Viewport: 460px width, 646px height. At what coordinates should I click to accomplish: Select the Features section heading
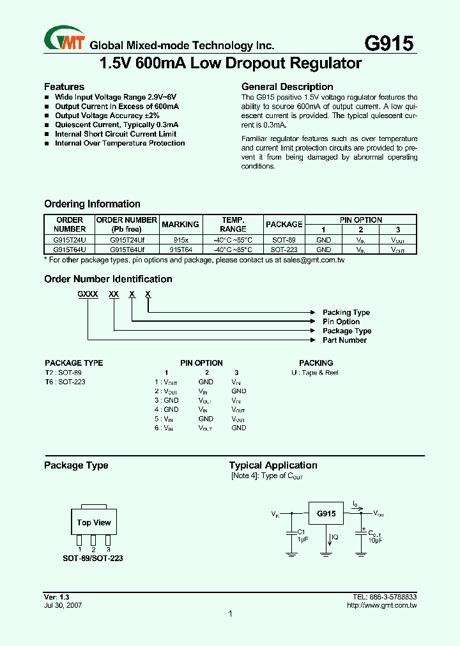64,87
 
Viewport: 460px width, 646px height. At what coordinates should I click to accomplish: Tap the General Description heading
287,87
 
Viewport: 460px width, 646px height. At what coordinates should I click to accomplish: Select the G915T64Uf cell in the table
126,250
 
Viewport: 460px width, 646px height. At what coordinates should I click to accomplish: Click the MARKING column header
180,224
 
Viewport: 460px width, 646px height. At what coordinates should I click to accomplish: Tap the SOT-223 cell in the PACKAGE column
284,250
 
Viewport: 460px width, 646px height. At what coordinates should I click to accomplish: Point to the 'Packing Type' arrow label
346,312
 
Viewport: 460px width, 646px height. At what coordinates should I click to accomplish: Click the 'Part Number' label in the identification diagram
344,340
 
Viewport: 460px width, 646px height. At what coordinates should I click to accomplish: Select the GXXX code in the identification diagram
88,293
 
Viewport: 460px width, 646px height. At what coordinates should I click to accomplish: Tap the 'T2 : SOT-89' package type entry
63,373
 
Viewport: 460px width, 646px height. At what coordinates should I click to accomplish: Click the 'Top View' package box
94,522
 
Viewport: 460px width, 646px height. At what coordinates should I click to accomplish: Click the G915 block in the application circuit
326,513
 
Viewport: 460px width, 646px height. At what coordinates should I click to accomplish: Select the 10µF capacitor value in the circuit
375,540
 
